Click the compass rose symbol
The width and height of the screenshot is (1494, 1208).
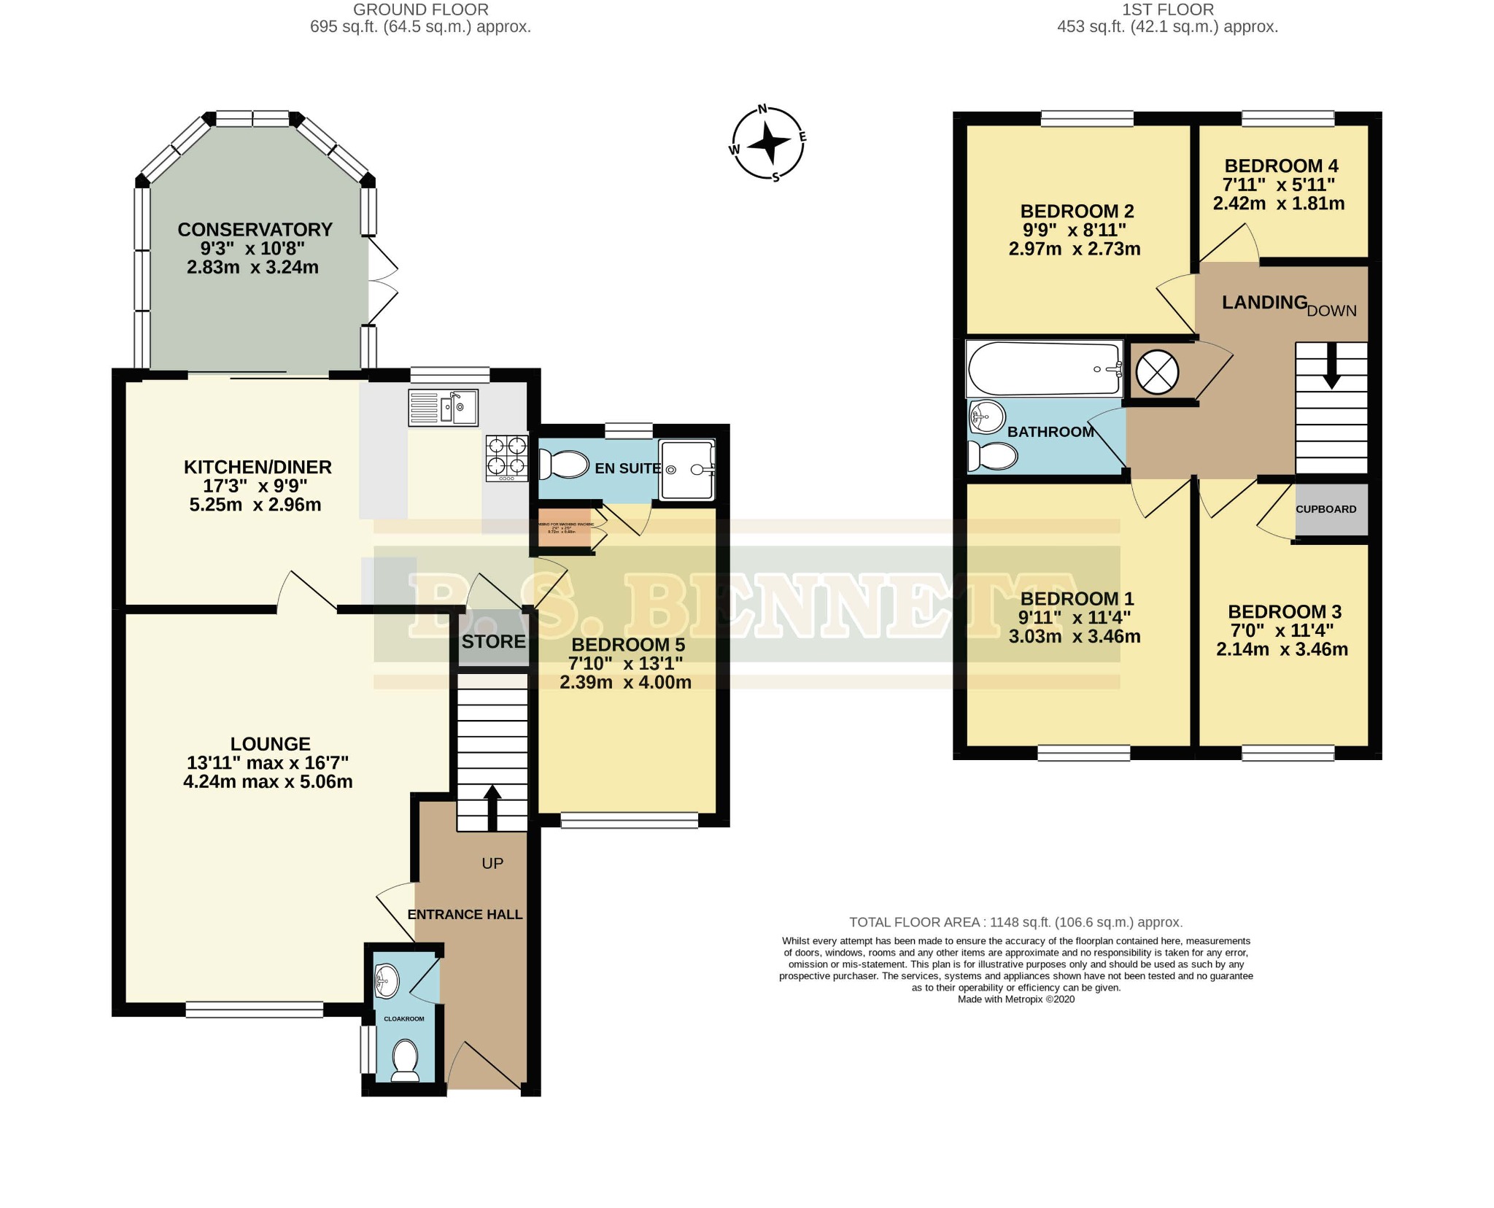(x=768, y=143)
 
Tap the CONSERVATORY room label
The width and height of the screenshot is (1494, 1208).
(x=255, y=230)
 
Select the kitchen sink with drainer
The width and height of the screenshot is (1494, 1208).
(x=443, y=408)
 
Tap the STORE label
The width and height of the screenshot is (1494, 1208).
(x=493, y=641)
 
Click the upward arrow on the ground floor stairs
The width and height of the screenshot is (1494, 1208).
(x=492, y=806)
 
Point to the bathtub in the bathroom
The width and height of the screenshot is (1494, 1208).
(x=1044, y=369)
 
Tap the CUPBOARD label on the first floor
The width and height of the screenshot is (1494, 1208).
(x=1325, y=509)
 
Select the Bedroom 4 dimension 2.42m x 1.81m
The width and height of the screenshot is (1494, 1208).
(x=1278, y=204)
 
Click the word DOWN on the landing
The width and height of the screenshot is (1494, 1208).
(x=1331, y=311)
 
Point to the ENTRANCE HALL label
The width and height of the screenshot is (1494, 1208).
(x=465, y=914)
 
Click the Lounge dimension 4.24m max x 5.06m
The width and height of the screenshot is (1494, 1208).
(x=268, y=782)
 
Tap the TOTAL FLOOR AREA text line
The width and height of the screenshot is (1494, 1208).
(x=1015, y=922)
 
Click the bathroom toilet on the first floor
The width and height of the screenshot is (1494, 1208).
(x=992, y=457)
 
